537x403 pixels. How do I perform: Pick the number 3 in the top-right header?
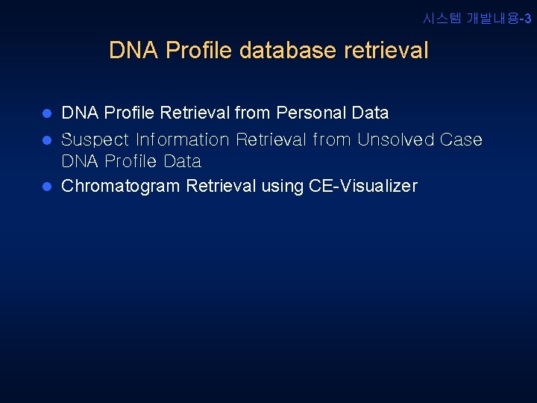[528, 19]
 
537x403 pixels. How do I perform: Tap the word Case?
[460, 140]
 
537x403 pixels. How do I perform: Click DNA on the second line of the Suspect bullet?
[80, 162]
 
